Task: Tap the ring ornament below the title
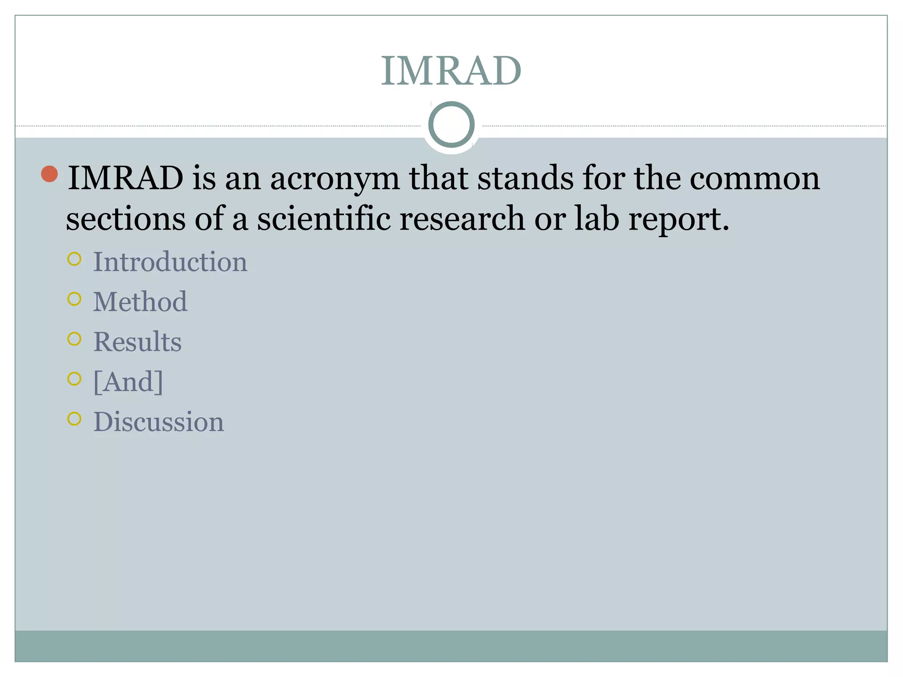451,124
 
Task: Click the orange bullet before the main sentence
49,174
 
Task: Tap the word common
754,179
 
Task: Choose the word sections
126,219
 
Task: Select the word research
462,219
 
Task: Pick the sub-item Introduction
170,262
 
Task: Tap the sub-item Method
140,302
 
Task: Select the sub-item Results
138,342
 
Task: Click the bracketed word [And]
128,382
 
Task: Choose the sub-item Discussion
159,422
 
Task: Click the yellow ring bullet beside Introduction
75,259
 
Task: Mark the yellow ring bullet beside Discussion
75,419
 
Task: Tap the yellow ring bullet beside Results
75,339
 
